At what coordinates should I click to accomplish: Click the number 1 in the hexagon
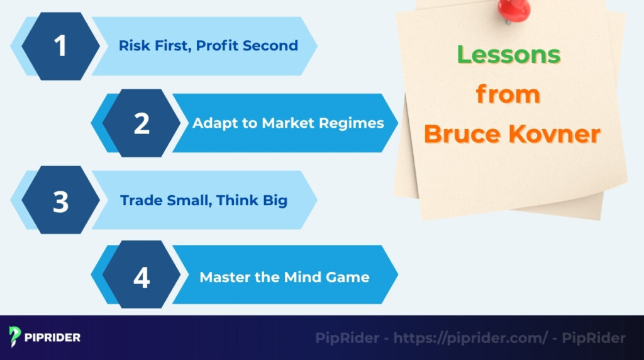60,46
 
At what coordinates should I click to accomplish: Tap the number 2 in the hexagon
142,123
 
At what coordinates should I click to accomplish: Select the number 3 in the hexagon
60,201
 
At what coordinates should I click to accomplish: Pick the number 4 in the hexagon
142,278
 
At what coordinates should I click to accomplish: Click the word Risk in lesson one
131,46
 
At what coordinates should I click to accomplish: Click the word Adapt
211,123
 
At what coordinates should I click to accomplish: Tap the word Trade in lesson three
138,201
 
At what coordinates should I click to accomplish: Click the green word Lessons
508,55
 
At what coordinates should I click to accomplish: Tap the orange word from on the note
508,94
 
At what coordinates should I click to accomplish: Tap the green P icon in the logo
16,337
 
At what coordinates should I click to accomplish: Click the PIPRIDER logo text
53,338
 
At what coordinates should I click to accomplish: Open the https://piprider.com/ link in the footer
471,338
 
